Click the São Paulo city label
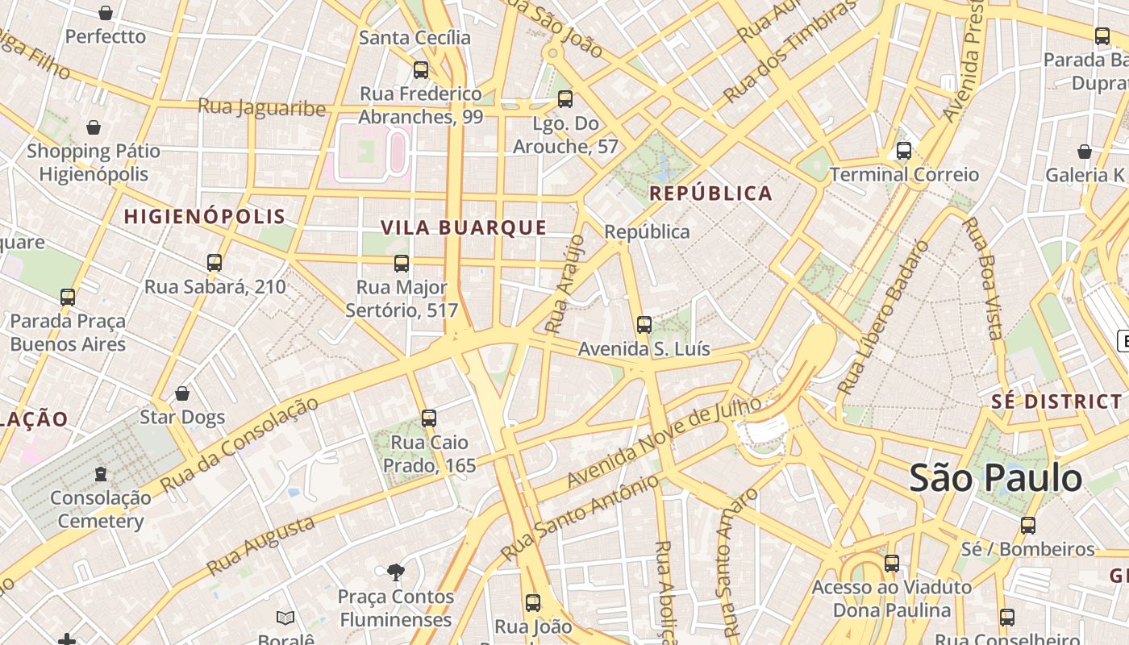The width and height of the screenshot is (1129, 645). pos(996,478)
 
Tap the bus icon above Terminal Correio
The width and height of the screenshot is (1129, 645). pos(904,151)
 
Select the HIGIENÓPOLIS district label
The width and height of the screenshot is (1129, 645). pos(205,216)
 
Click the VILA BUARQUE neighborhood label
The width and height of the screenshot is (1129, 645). pos(464,228)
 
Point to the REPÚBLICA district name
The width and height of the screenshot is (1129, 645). pos(710,193)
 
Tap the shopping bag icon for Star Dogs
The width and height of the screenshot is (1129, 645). pos(182,393)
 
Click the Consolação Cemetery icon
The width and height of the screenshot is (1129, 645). pos(101,473)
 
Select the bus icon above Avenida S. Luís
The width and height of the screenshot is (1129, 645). pos(644,325)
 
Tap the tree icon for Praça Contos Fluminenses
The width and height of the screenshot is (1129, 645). pos(395,572)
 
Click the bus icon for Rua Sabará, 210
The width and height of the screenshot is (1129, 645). pos(215,263)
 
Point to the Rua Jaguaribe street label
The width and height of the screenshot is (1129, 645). pos(262,107)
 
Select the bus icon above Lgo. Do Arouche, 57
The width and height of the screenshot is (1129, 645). pos(565,99)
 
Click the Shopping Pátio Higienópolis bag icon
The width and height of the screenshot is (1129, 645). pos(94,127)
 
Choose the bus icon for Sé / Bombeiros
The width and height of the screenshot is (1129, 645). pos(1027,526)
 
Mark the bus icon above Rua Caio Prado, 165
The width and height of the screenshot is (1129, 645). pos(429,418)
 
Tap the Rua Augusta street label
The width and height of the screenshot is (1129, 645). pos(260,546)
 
